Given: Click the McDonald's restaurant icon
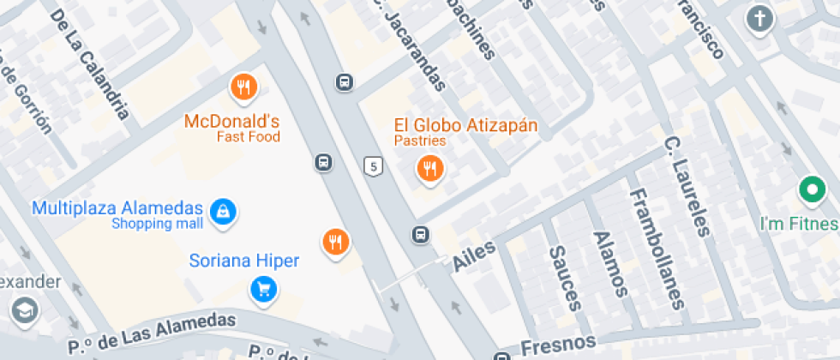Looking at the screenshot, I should [x=244, y=87].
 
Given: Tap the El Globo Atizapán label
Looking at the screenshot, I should [x=465, y=125].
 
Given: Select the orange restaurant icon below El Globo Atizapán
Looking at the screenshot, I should [x=429, y=169].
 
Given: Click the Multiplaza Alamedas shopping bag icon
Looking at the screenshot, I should [x=224, y=209].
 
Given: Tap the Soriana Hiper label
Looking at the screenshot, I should [x=244, y=261].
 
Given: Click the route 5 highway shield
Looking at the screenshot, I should [x=372, y=166].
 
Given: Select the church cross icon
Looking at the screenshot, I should [x=759, y=18].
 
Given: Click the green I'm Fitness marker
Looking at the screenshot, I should [x=811, y=189].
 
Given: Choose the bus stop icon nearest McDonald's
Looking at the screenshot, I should [x=323, y=162].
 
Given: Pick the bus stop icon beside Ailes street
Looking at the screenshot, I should [x=420, y=233].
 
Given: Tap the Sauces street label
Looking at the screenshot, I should [x=565, y=278].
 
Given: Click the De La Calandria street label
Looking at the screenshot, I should [x=90, y=63].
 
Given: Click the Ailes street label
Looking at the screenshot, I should [x=473, y=256].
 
